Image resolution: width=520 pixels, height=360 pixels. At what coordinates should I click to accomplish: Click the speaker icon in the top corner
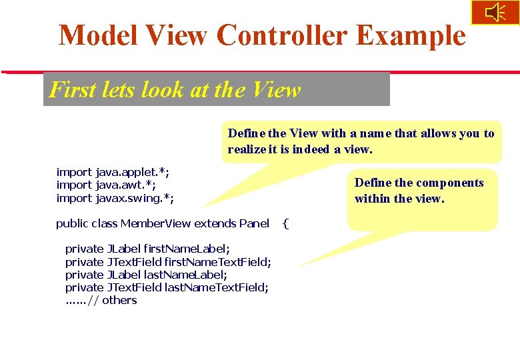(x=495, y=13)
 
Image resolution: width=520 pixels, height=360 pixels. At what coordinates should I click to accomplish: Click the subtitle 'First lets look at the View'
(x=175, y=89)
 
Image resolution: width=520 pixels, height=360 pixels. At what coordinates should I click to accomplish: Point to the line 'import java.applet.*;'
(x=108, y=172)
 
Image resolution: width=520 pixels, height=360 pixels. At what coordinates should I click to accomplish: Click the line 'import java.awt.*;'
(x=106, y=185)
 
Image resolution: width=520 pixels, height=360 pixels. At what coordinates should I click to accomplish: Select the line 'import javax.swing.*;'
(x=115, y=198)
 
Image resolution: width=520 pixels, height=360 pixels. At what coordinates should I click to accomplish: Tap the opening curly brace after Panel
(x=285, y=223)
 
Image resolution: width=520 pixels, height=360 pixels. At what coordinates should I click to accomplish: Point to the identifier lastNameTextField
(x=216, y=287)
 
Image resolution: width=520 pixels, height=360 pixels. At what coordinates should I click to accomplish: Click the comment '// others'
(x=113, y=300)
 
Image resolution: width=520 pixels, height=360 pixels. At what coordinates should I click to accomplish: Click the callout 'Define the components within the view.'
(x=419, y=191)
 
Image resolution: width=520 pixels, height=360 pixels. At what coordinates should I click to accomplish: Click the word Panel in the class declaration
(x=254, y=223)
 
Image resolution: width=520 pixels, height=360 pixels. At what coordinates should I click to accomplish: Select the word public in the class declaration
(x=71, y=223)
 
